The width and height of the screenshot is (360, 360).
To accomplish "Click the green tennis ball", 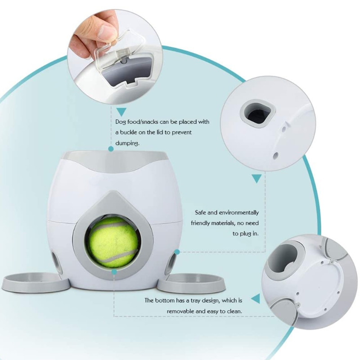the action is pos(113,243).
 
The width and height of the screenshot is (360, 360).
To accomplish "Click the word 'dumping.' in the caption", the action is pos(127,143).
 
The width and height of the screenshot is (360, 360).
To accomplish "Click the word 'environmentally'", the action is pos(239,213).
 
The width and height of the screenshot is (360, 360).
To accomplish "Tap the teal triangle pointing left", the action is pos(256,298).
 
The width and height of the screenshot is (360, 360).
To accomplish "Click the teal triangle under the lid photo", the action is pos(121,112).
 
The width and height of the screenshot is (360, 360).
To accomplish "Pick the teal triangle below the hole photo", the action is pos(256,178).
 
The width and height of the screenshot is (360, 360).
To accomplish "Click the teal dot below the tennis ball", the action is pos(114,272).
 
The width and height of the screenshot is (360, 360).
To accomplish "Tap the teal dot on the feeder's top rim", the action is pos(111,149).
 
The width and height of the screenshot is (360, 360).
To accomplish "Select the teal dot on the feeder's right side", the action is pos(177,252).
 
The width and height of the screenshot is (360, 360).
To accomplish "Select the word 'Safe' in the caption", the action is pos(200,212).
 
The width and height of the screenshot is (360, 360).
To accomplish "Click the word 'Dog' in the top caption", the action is pos(121,122).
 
